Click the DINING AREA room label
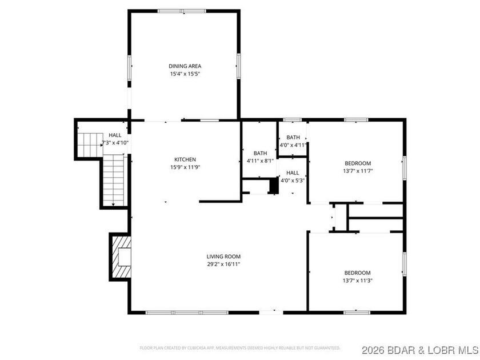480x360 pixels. (x=185, y=66)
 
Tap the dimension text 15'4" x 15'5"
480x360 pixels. (x=185, y=74)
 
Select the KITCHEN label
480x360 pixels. (x=185, y=159)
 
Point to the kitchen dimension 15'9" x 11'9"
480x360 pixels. (x=185, y=167)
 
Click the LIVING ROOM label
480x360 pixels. (x=223, y=257)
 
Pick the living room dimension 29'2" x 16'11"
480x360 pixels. (x=223, y=264)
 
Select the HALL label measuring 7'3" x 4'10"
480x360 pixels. (x=115, y=135)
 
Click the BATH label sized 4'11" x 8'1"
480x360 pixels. (x=260, y=153)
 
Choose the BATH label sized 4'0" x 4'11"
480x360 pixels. (x=293, y=137)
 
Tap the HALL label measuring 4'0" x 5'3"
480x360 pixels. (x=293, y=173)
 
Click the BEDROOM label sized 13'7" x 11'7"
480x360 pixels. (x=357, y=163)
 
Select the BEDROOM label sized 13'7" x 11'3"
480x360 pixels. (x=357, y=273)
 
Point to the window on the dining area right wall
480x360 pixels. (x=239, y=66)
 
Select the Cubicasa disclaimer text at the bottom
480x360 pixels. (x=240, y=347)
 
